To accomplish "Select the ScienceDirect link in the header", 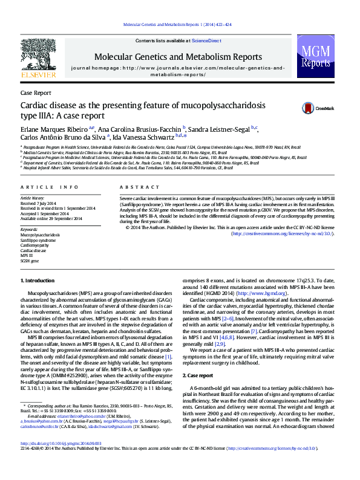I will (x=206, y=41).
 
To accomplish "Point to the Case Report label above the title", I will (x=36, y=93).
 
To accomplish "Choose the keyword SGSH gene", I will (x=29, y=261).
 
